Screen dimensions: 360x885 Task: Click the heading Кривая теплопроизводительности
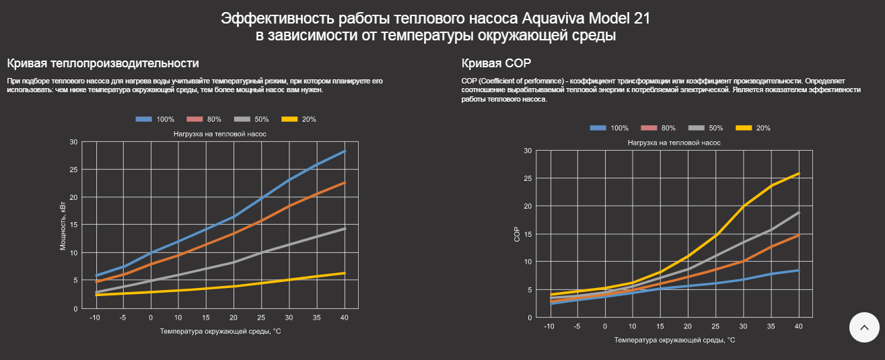[103, 63]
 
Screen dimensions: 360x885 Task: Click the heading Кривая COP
[496, 63]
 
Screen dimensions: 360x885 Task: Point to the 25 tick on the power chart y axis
[73, 170]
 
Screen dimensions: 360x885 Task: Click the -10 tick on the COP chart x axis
[549, 326]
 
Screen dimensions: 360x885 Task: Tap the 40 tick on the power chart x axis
[345, 318]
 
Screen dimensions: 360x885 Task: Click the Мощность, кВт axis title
[63, 225]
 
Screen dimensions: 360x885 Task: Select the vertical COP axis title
[517, 233]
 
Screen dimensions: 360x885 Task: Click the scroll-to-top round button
[865, 328]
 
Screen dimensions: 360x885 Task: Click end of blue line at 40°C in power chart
[345, 151]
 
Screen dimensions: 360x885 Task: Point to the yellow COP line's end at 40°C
[799, 174]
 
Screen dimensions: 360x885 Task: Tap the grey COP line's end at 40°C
[799, 213]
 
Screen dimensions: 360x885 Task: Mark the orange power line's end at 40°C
[345, 182]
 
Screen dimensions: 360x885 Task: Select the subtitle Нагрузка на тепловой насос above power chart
[220, 134]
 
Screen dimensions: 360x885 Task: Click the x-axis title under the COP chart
[674, 340]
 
